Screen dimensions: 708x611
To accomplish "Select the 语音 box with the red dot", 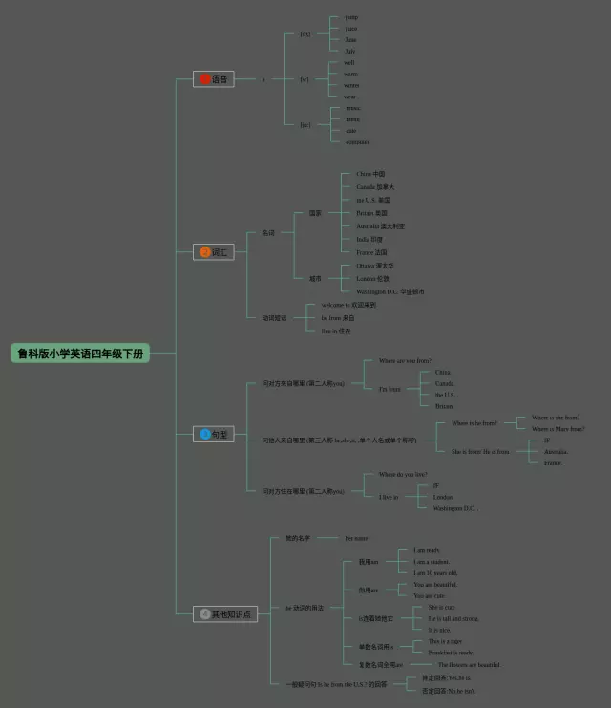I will [214, 79].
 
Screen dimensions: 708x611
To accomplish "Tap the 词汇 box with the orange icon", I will [214, 252].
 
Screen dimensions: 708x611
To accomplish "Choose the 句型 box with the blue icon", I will [214, 434].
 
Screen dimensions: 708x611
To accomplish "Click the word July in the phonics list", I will [350, 51].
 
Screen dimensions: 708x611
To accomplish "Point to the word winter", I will [351, 86].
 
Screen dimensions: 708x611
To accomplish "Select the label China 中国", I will [370, 174].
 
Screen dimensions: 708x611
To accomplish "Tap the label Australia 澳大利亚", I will [380, 226].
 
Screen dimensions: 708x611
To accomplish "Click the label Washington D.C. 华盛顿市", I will [390, 291].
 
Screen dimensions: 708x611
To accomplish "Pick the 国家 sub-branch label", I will [315, 213].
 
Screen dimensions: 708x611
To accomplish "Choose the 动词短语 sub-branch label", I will [274, 317].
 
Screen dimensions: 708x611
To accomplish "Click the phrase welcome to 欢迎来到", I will [348, 305].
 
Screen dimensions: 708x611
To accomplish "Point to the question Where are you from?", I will [405, 361].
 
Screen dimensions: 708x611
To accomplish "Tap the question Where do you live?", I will [403, 474].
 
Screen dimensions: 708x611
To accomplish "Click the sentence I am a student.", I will [431, 562].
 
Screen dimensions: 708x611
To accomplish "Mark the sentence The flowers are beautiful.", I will [469, 664].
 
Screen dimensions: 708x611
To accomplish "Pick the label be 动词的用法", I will [305, 608].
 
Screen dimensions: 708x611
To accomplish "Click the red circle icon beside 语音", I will [204, 79].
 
